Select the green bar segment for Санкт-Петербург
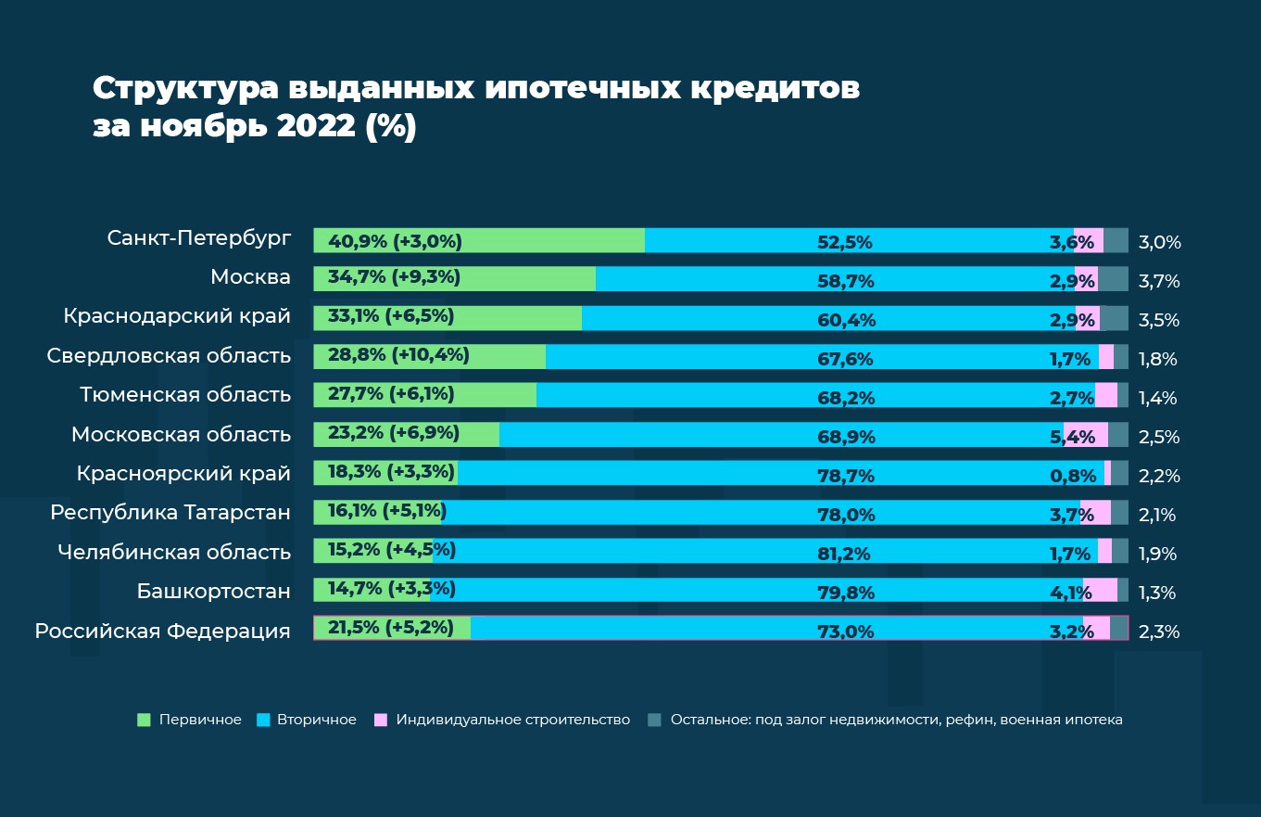click(556, 240)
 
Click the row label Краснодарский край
click(177, 317)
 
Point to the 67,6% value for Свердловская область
click(845, 359)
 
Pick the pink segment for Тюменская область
click(1106, 396)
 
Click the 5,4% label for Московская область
click(1078, 436)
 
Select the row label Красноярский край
click(183, 474)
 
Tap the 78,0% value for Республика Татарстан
click(845, 515)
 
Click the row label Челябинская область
click(174, 553)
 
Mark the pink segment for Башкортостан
click(1101, 591)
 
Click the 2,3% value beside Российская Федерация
click(1159, 632)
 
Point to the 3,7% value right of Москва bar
click(1159, 281)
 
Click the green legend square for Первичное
click(144, 720)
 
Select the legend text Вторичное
click(316, 720)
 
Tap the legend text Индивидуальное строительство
click(512, 720)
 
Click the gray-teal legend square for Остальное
click(654, 720)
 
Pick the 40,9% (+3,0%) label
click(394, 242)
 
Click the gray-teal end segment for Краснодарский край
click(1114, 318)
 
